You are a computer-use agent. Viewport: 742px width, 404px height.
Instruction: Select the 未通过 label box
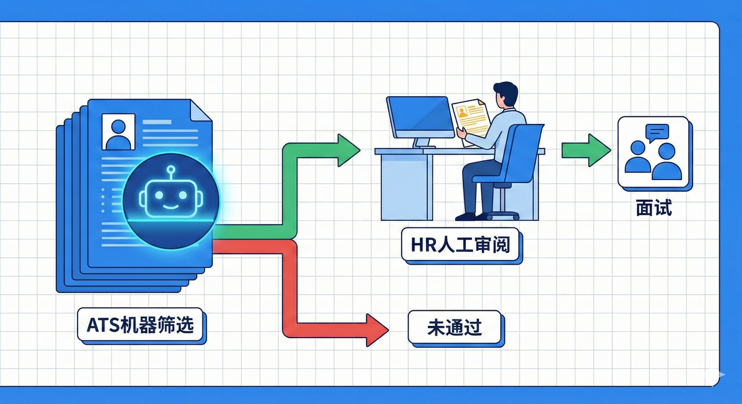pyautogui.click(x=454, y=328)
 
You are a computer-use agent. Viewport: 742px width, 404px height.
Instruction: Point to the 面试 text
pyautogui.click(x=654, y=207)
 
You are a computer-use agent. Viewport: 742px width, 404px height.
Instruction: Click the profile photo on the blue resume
pyautogui.click(x=118, y=131)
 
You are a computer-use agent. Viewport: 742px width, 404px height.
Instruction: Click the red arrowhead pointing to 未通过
pyautogui.click(x=377, y=329)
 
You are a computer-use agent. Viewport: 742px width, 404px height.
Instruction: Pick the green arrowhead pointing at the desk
pyautogui.click(x=348, y=150)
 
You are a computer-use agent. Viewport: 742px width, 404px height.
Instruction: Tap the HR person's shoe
pyautogui.click(x=465, y=216)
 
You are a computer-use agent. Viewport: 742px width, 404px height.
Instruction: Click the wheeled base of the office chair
pyautogui.click(x=502, y=215)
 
